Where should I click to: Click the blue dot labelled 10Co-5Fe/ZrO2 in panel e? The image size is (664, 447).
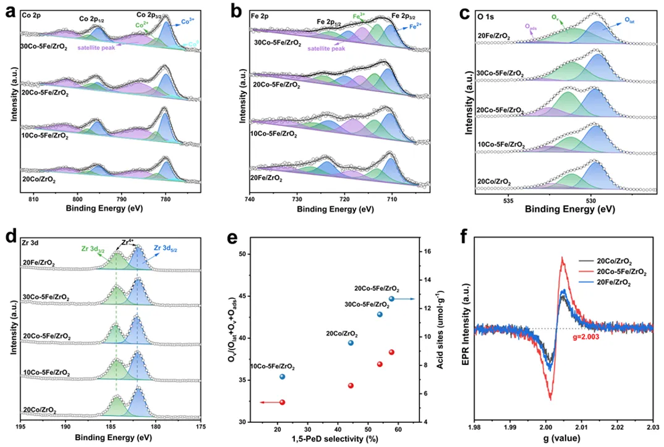point(282,377)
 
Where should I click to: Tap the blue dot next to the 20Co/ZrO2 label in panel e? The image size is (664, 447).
point(351,343)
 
